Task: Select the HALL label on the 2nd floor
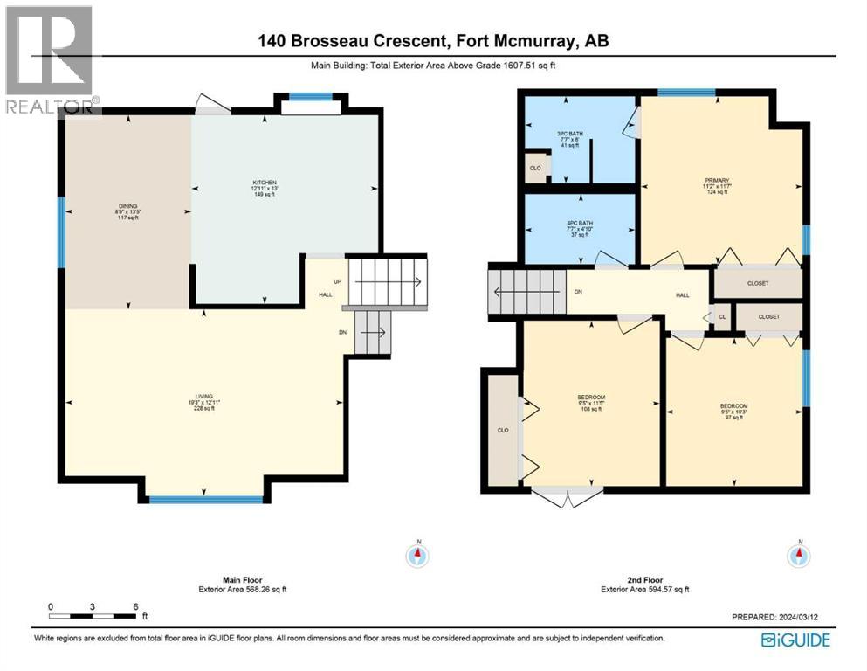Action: click(683, 295)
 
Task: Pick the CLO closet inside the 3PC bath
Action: click(534, 168)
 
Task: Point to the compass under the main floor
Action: click(419, 553)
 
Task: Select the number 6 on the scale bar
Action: click(136, 605)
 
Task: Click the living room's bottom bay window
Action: click(205, 500)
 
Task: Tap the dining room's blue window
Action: click(61, 232)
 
